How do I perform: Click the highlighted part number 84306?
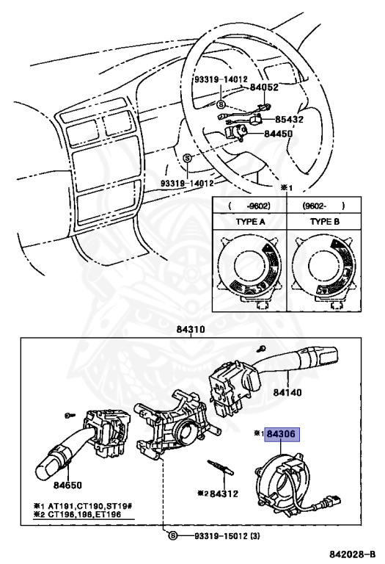point(282,434)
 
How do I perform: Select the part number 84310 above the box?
point(191,330)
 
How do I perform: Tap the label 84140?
point(287,391)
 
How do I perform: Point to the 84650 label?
point(68,485)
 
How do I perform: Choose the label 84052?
point(264,87)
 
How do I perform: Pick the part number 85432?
point(289,119)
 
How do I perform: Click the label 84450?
point(279,134)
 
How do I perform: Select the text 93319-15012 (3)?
point(227,536)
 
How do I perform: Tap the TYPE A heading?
point(250,222)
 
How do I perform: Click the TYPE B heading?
point(325,222)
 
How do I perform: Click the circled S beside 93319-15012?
point(173,536)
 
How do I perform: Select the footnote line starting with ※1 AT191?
point(84,506)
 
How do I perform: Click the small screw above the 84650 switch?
point(70,416)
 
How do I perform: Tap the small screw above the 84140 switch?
point(262,348)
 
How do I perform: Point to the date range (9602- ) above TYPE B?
point(323,206)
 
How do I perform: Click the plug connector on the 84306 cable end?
point(331,500)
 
